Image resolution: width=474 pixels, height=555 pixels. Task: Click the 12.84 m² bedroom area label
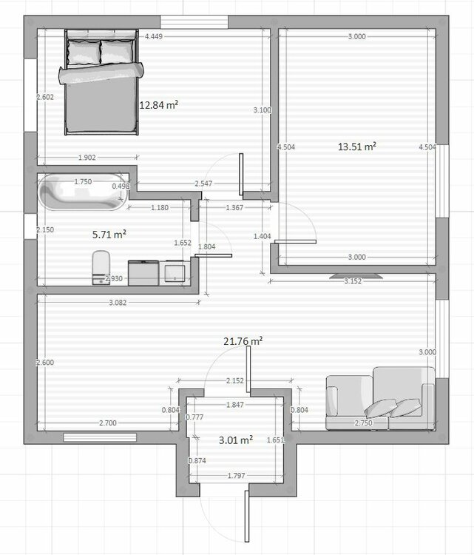click(x=159, y=105)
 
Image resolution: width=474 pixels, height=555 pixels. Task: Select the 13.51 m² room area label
click(x=357, y=147)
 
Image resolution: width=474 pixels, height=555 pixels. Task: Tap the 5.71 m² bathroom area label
click(x=109, y=234)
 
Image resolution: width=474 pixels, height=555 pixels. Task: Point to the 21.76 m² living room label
click(x=243, y=341)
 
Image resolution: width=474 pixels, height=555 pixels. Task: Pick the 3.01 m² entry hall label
click(x=236, y=439)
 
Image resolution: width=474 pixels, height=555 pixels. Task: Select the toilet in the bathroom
click(x=101, y=267)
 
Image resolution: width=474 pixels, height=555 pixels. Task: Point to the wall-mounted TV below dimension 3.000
click(x=356, y=275)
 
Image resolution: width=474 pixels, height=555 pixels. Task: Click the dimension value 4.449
click(x=155, y=36)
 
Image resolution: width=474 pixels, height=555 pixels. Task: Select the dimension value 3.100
click(x=262, y=110)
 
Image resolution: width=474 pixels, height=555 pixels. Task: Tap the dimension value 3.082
click(x=119, y=303)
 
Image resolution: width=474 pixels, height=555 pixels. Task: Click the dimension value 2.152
click(x=236, y=381)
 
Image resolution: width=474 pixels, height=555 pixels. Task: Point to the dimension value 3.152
click(x=352, y=281)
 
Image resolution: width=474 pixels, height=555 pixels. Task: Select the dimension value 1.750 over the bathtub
click(x=84, y=181)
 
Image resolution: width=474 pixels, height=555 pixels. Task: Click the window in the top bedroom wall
click(x=194, y=21)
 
